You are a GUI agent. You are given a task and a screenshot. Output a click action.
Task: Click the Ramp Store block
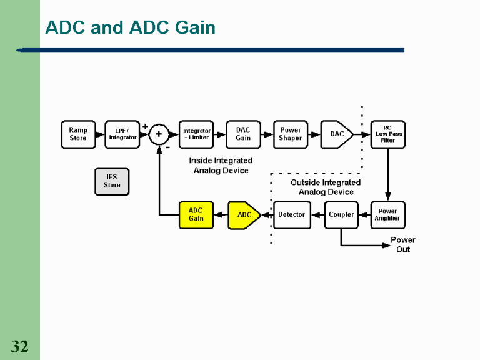(x=78, y=134)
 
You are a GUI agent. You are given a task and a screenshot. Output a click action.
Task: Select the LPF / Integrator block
(x=122, y=134)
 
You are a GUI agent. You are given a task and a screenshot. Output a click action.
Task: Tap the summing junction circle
(x=159, y=134)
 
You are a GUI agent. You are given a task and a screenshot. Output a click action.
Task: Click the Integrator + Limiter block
(x=196, y=134)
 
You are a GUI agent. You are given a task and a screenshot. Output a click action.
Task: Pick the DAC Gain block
(x=243, y=134)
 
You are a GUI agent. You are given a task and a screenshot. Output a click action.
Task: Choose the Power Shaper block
(x=291, y=134)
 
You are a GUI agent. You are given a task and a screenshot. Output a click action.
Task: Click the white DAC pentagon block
(x=336, y=134)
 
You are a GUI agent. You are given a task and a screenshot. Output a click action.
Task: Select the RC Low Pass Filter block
(x=387, y=134)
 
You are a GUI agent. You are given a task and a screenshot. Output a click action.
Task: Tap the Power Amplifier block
(x=387, y=215)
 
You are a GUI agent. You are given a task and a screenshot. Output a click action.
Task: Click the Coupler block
(x=341, y=215)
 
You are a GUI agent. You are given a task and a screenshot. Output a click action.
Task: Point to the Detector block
(x=292, y=215)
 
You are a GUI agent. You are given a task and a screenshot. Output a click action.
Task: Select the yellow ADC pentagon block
(x=244, y=215)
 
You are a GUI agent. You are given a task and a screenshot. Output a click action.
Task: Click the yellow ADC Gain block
(x=196, y=215)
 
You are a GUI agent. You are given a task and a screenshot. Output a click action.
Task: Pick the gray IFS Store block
(x=112, y=181)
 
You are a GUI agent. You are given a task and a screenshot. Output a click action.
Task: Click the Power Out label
(x=403, y=244)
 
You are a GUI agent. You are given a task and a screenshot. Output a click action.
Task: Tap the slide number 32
(x=19, y=347)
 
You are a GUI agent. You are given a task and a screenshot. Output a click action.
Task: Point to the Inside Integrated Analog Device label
(x=221, y=166)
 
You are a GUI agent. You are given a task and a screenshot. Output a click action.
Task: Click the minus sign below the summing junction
(x=167, y=148)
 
